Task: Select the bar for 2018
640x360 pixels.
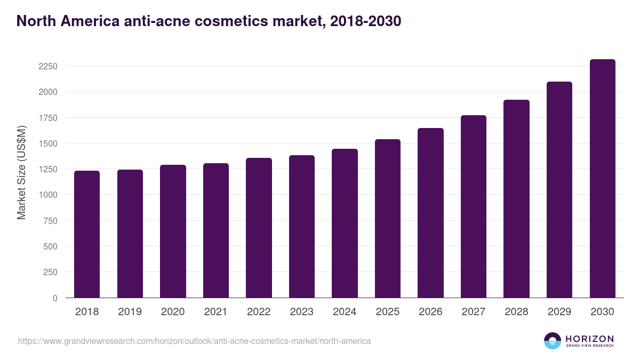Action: (87, 234)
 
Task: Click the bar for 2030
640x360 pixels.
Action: (603, 179)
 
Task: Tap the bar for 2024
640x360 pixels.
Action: (345, 223)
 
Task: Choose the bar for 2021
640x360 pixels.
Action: (216, 230)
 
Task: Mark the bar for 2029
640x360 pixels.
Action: (559, 190)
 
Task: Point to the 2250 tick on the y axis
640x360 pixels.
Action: (47, 66)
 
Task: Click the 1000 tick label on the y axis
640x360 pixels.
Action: (47, 195)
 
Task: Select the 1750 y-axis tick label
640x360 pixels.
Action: (47, 118)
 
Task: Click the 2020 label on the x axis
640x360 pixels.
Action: (173, 312)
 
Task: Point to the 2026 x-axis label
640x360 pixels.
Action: (430, 312)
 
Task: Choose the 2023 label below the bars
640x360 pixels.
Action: (302, 312)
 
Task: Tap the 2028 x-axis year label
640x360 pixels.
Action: (516, 312)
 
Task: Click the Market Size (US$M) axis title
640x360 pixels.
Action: (21, 172)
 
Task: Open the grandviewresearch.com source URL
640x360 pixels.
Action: (194, 341)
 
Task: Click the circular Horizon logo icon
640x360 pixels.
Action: (552, 341)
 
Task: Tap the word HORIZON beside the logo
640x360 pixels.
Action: (589, 339)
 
